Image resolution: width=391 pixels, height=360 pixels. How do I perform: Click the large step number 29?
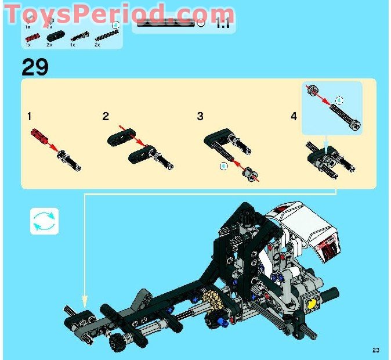(35, 67)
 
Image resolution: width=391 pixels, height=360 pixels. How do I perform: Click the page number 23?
(376, 350)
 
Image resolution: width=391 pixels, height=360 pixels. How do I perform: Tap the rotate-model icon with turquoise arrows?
(45, 221)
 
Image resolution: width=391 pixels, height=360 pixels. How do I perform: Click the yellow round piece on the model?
(313, 303)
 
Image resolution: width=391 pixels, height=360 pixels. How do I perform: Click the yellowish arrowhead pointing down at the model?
(85, 301)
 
